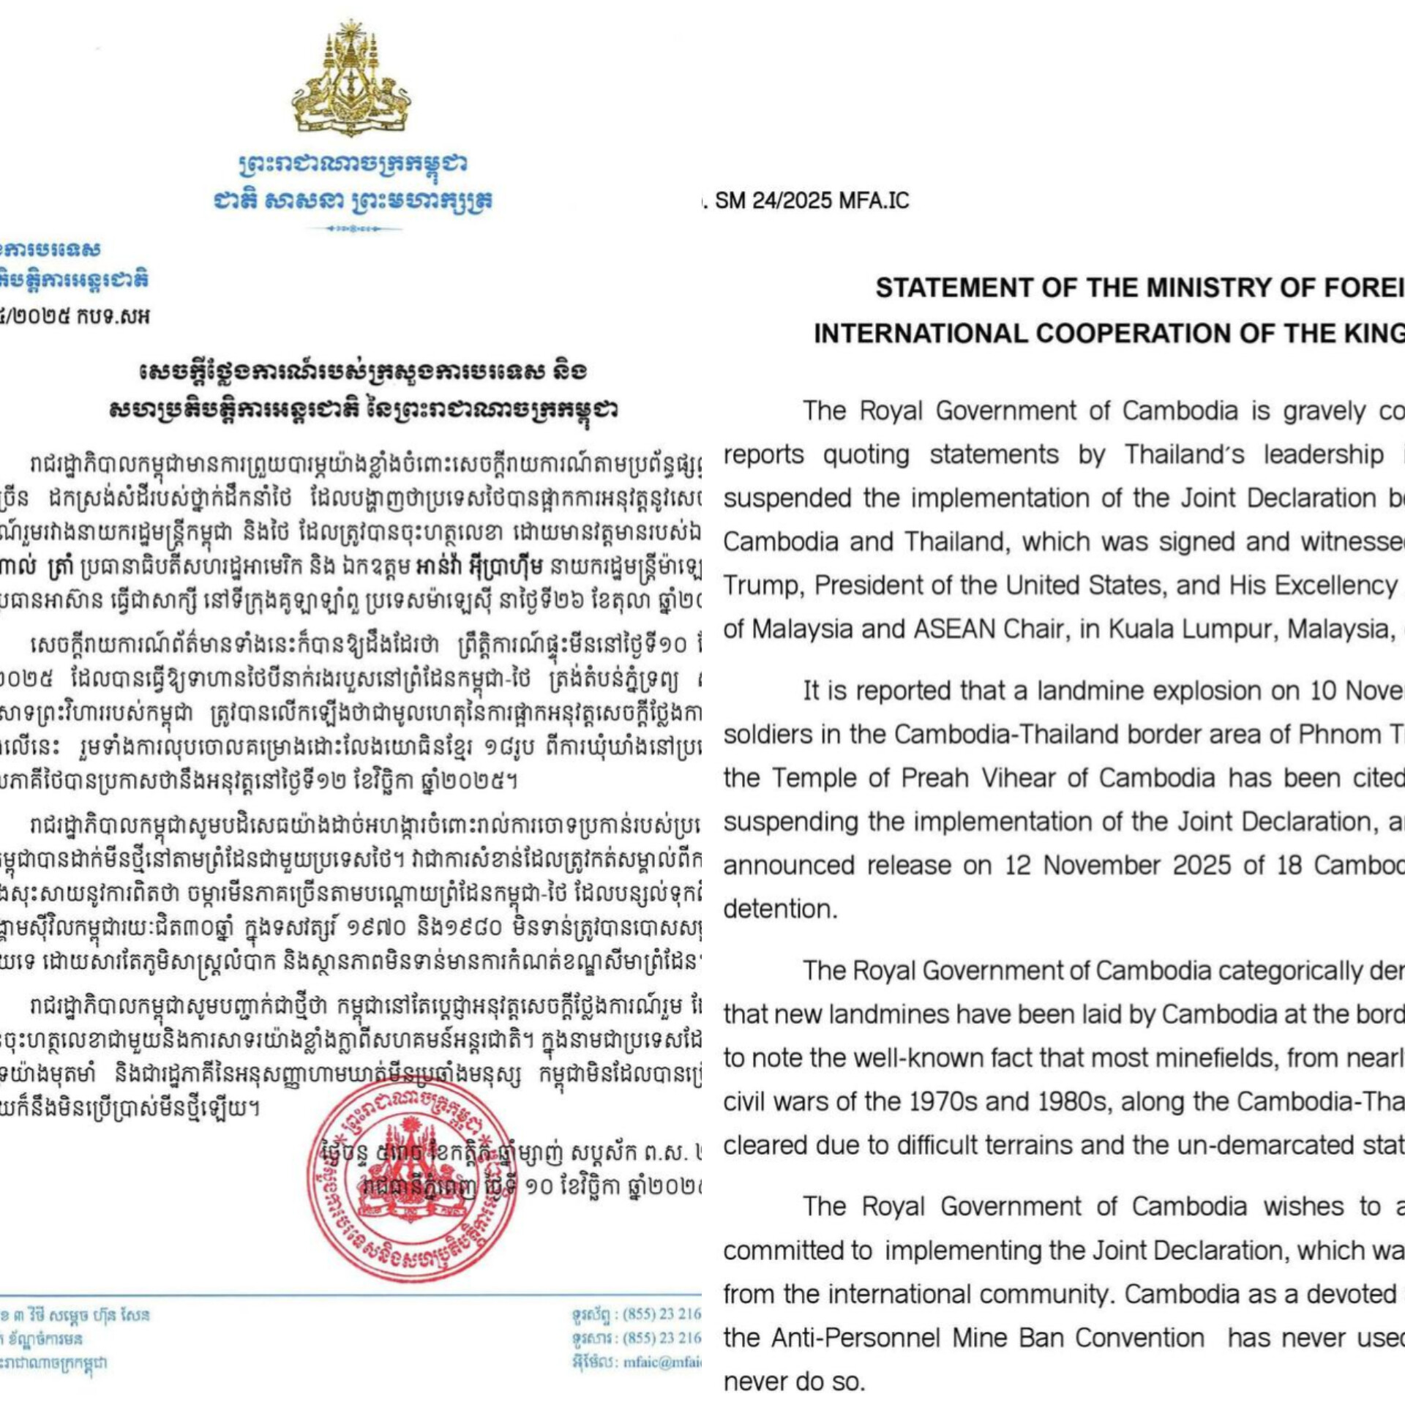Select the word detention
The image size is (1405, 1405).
[x=779, y=909]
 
